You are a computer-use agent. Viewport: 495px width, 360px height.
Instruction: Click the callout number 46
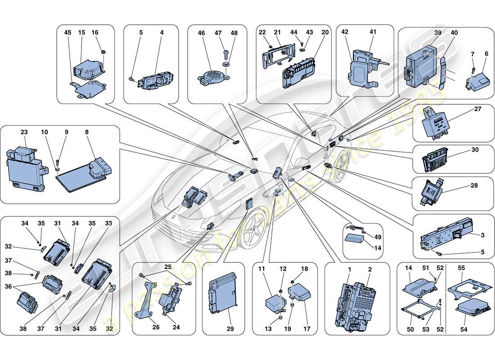[201, 33]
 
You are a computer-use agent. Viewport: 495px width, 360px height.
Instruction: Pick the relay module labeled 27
[434, 121]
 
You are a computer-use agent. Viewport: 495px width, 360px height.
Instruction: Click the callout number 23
[24, 133]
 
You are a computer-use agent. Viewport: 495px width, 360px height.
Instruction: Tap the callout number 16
[95, 33]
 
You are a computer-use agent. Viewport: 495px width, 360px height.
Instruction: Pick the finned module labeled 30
[437, 160]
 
